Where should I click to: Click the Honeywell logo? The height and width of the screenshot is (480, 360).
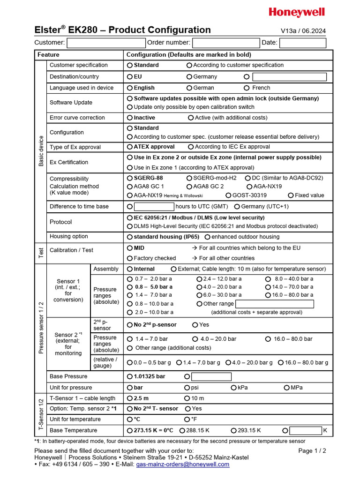coord(297,13)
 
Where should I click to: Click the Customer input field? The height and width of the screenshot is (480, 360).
coord(106,43)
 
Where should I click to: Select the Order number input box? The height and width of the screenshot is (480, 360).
coord(225,43)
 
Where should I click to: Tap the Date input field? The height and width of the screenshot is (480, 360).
coord(302,43)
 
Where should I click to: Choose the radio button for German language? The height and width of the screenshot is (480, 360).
coord(189,88)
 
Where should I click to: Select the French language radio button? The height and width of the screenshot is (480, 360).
coord(247,88)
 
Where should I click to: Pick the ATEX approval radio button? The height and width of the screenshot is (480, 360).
coord(130,147)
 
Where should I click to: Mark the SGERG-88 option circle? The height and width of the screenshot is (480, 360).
coord(130,178)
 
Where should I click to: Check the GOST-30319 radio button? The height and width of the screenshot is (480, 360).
coord(228,195)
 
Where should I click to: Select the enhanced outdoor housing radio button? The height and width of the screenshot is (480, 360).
coord(208,237)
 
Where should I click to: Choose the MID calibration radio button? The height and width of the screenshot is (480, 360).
coord(130,248)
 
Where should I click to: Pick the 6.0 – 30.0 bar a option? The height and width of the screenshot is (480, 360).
coord(199,295)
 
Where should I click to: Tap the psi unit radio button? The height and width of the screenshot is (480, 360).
coord(187,388)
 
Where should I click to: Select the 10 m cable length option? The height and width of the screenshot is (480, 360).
coord(187,398)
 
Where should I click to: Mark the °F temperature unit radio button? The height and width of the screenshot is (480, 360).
coord(187,420)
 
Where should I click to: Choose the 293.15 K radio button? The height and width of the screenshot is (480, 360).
coord(233,430)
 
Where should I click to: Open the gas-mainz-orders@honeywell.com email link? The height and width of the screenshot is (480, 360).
coord(182,465)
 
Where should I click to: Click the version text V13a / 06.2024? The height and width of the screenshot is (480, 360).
coord(303,31)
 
